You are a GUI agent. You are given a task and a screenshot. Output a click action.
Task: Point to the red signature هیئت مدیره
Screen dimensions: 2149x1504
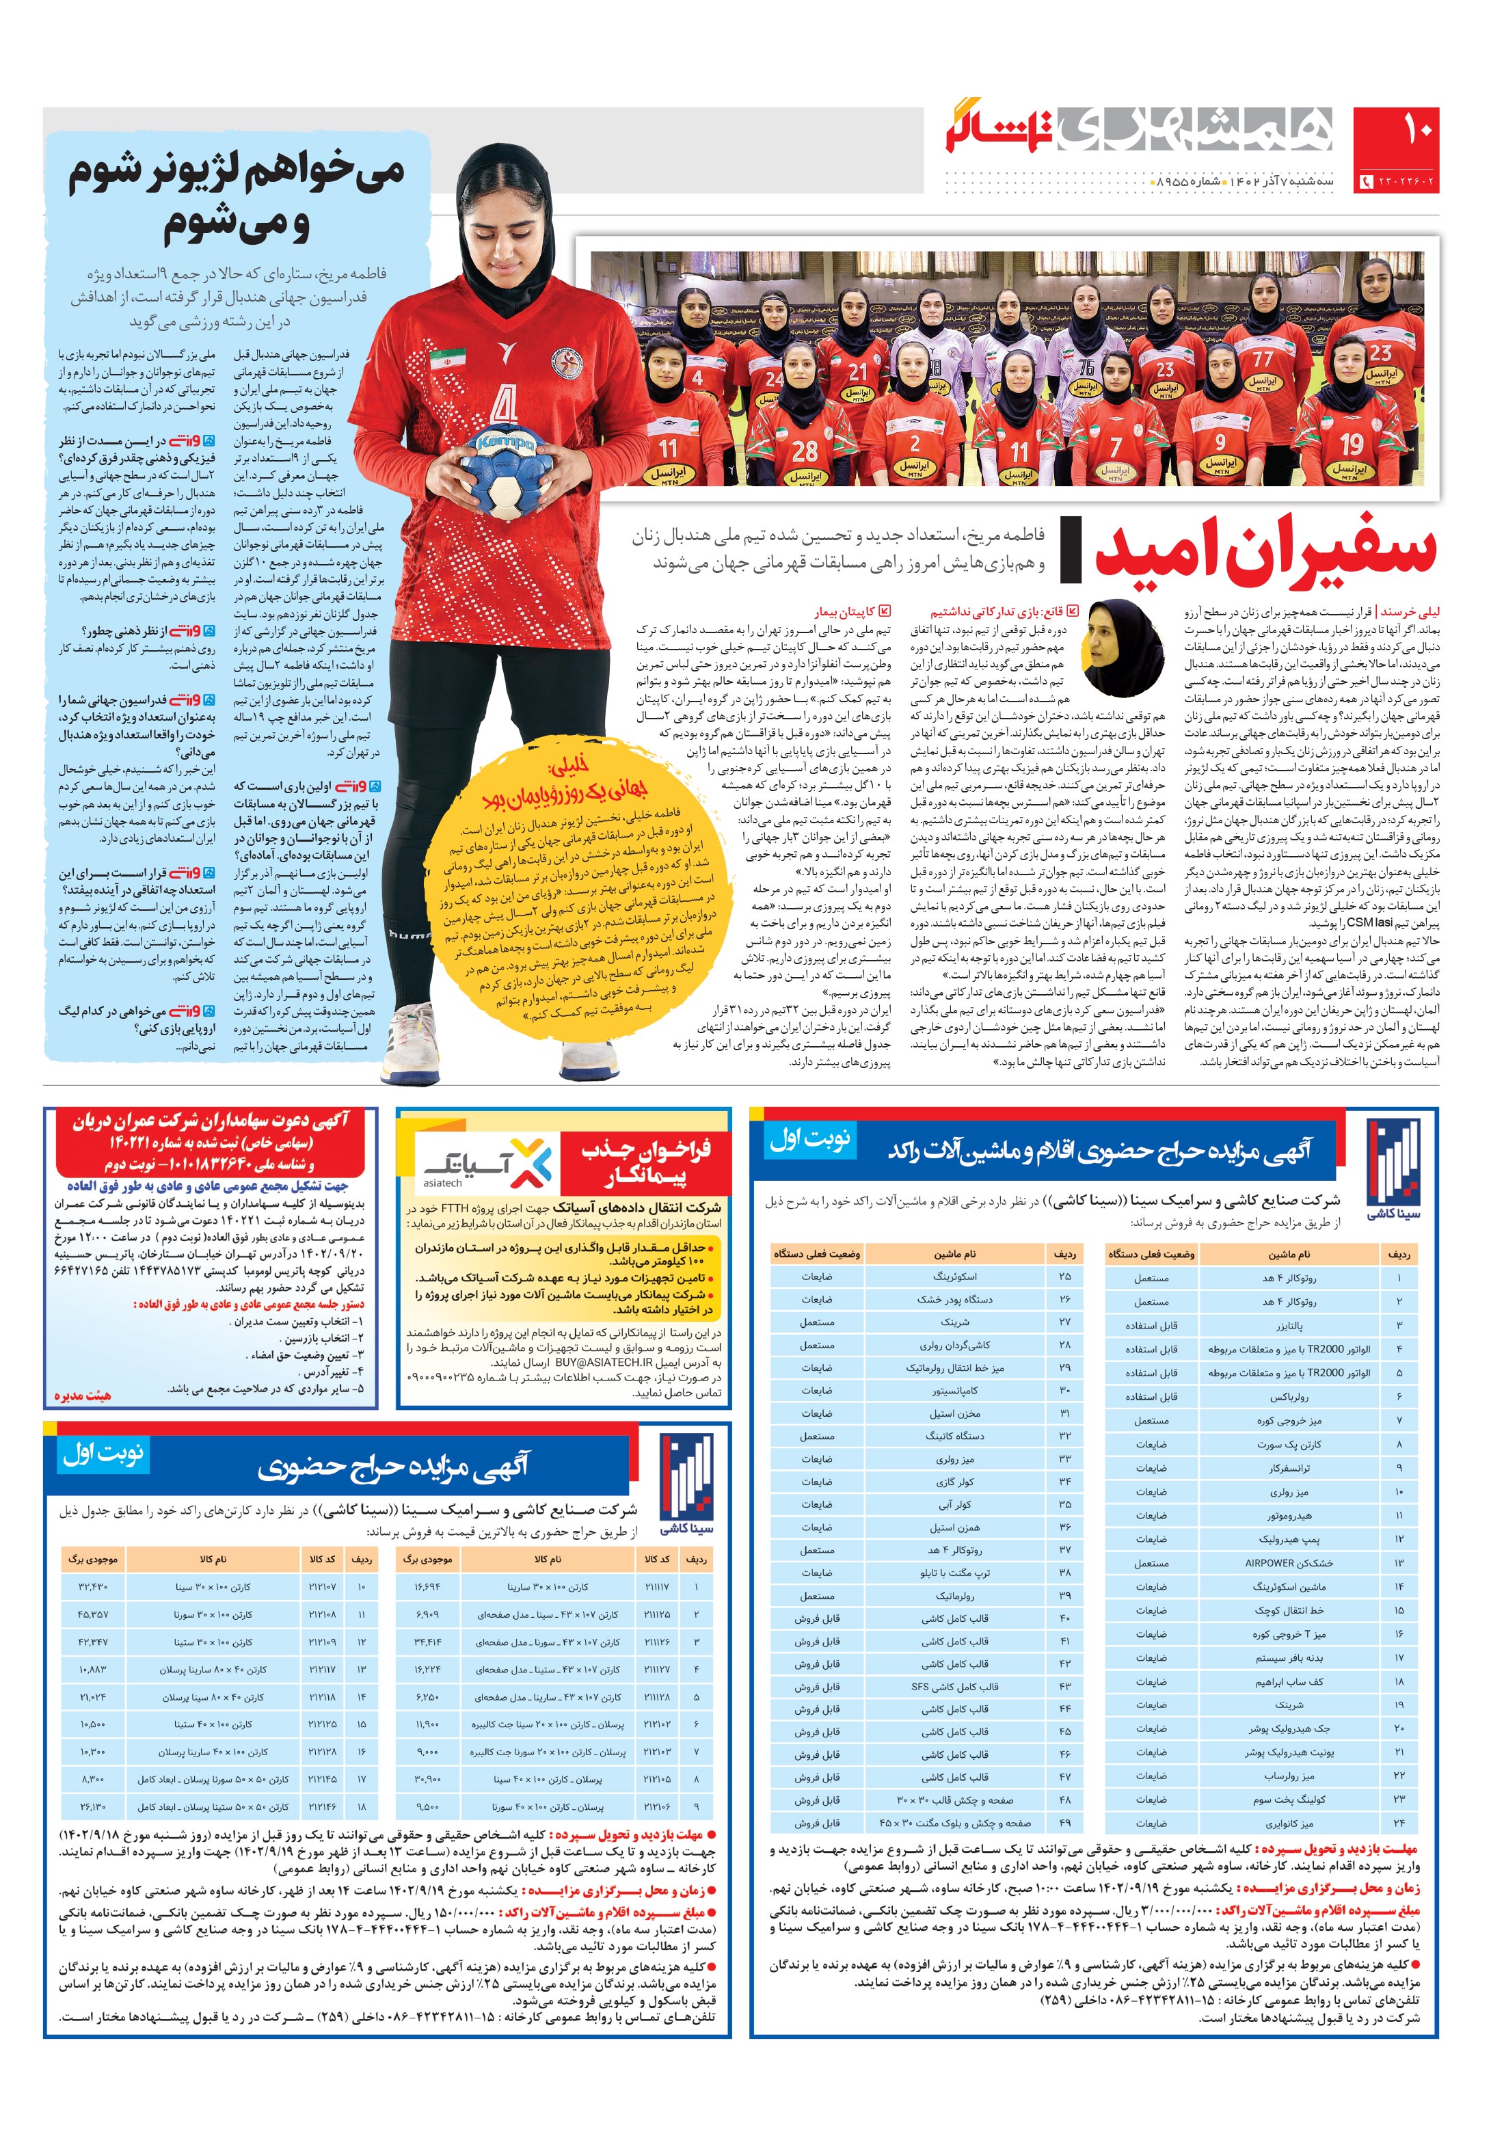tap(81, 1396)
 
